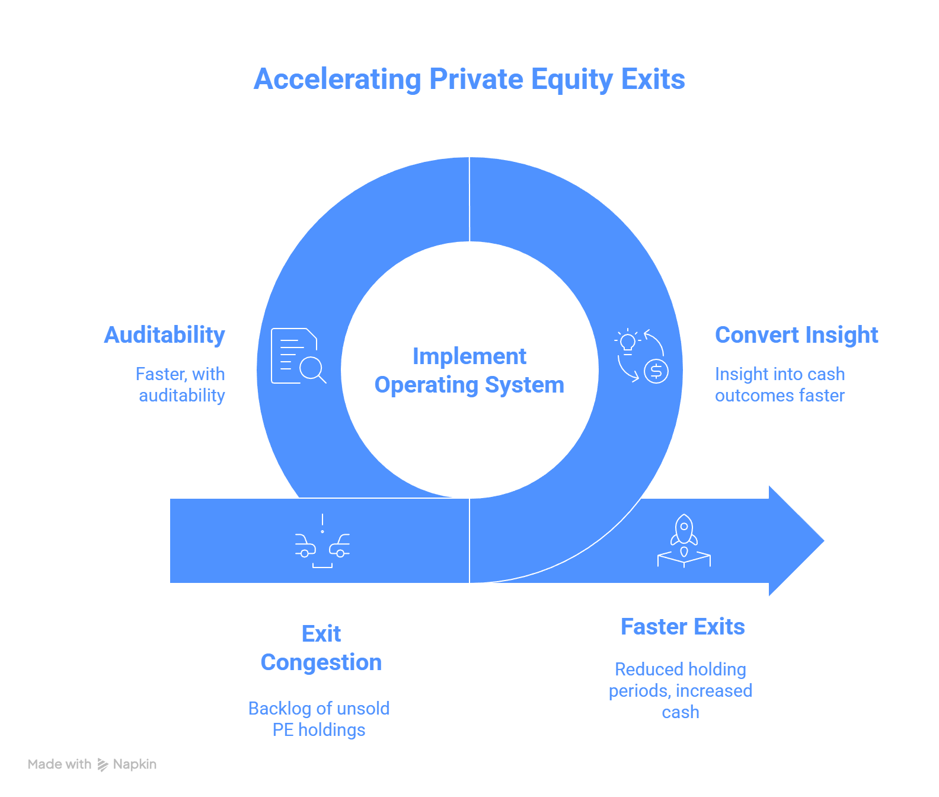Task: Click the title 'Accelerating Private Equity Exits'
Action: point(469,79)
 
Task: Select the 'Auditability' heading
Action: point(165,335)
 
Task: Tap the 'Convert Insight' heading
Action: point(796,335)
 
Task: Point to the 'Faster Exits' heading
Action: point(682,627)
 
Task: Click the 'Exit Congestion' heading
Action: point(321,648)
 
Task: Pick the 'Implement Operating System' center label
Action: point(469,371)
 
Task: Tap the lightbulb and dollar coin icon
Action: point(641,356)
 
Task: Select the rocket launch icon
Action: point(684,540)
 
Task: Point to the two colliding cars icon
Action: point(322,541)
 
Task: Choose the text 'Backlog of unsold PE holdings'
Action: point(319,719)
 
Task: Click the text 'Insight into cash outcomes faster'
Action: point(780,384)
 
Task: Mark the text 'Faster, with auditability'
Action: point(181,384)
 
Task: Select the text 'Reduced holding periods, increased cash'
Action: point(681,690)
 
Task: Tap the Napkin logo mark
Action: point(103,764)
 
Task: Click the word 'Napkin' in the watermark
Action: point(135,764)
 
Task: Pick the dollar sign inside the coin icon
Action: point(656,372)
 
